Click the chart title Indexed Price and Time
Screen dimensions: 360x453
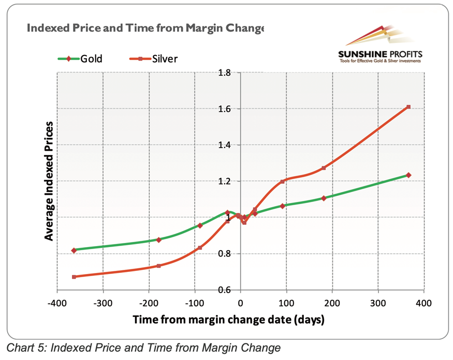tap(145, 27)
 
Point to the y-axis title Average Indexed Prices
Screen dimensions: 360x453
tap(49, 181)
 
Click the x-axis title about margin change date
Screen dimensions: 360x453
tap(228, 319)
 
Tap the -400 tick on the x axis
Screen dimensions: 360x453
tap(57, 302)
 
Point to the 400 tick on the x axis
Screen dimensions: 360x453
tap(423, 302)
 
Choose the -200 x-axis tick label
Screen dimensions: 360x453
tap(149, 302)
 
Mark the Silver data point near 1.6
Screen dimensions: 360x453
tap(408, 107)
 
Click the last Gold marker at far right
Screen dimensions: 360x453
tap(408, 175)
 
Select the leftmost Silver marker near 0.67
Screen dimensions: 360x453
tap(74, 277)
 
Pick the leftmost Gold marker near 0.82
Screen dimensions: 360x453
tap(74, 250)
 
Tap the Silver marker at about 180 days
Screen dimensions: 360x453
tap(324, 168)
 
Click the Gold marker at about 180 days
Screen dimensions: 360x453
tap(324, 198)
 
